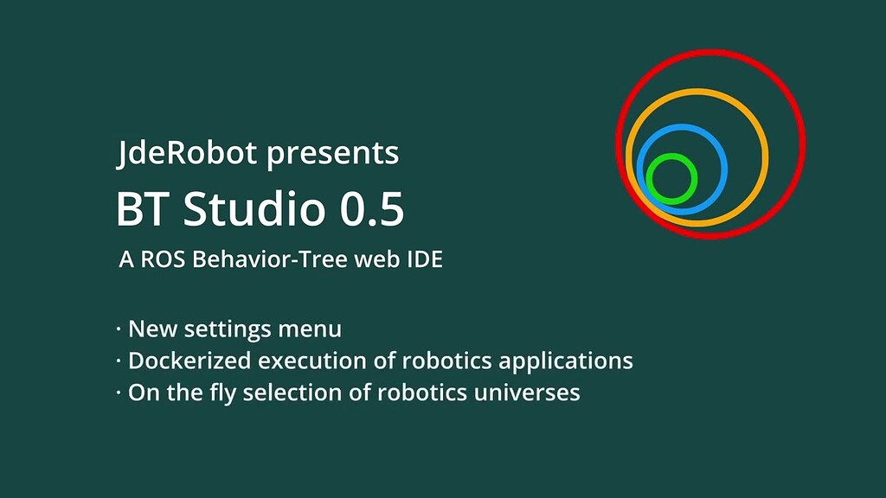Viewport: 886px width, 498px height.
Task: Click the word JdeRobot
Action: [x=187, y=154]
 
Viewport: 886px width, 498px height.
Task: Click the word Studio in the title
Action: [x=243, y=209]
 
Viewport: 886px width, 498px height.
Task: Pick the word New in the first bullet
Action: [x=148, y=329]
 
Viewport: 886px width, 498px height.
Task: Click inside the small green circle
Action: [x=671, y=179]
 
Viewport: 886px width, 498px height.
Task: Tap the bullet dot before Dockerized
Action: [x=119, y=361]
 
